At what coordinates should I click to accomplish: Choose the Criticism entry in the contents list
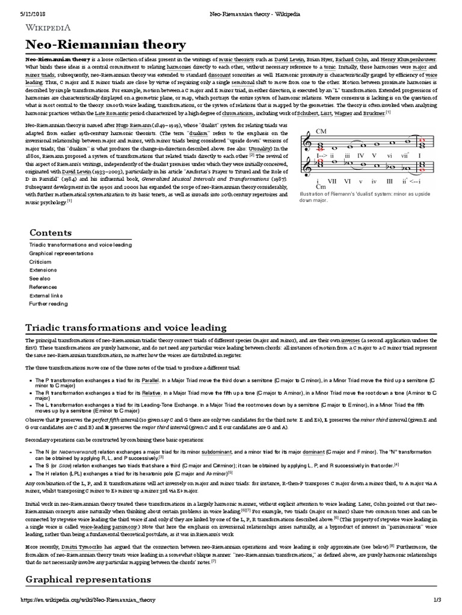click(x=40, y=262)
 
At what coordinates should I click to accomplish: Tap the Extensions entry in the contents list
click(x=42, y=270)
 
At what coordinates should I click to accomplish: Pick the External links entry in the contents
click(x=46, y=295)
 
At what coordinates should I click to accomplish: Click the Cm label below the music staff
click(x=320, y=187)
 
